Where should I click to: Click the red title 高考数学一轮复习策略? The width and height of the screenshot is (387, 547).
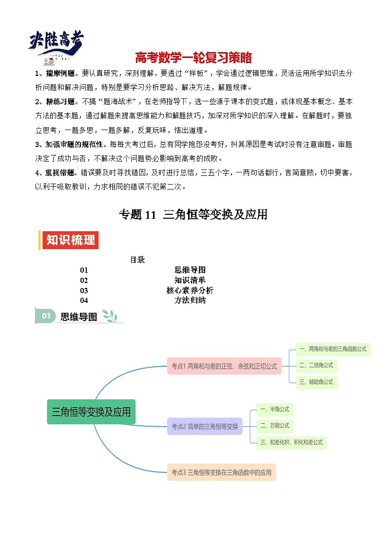pyautogui.click(x=193, y=57)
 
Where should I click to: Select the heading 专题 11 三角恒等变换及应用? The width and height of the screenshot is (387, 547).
pyautogui.click(x=193, y=215)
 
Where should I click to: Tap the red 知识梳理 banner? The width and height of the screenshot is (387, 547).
pyautogui.click(x=71, y=240)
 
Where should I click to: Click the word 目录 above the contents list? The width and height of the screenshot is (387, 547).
pyautogui.click(x=137, y=260)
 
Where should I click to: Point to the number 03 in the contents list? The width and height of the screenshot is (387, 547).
pyautogui.click(x=84, y=290)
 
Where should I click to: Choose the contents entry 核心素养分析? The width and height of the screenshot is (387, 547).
pyautogui.click(x=190, y=290)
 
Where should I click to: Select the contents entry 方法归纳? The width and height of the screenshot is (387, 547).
pyautogui.click(x=190, y=301)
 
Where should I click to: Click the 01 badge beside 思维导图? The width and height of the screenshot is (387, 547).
pyautogui.click(x=46, y=316)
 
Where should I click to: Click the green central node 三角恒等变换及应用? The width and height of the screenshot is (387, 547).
pyautogui.click(x=91, y=412)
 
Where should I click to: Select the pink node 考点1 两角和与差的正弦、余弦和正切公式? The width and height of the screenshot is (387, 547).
pyautogui.click(x=224, y=366)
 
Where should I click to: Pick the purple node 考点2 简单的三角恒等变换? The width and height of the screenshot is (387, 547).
pyautogui.click(x=205, y=427)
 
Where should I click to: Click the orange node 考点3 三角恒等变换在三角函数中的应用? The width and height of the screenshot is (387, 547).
pyautogui.click(x=221, y=472)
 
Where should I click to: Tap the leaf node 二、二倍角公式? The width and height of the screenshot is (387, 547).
pyautogui.click(x=316, y=365)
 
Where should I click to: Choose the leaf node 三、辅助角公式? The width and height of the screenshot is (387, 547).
pyautogui.click(x=316, y=382)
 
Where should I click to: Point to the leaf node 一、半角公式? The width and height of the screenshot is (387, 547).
pyautogui.click(x=275, y=410)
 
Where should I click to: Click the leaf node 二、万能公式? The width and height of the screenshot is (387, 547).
pyautogui.click(x=275, y=426)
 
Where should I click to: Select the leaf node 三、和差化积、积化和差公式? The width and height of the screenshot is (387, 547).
pyautogui.click(x=291, y=442)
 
